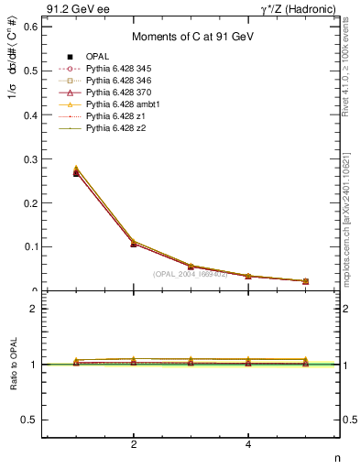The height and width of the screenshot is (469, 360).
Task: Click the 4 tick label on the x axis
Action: [248, 445]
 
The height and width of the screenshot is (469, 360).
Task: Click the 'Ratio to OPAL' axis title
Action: [12, 365]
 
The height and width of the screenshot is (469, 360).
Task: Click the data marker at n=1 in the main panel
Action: [76, 173]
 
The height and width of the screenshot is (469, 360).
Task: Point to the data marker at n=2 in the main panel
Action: [134, 244]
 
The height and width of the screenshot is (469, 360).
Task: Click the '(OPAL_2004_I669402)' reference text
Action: [191, 274]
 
